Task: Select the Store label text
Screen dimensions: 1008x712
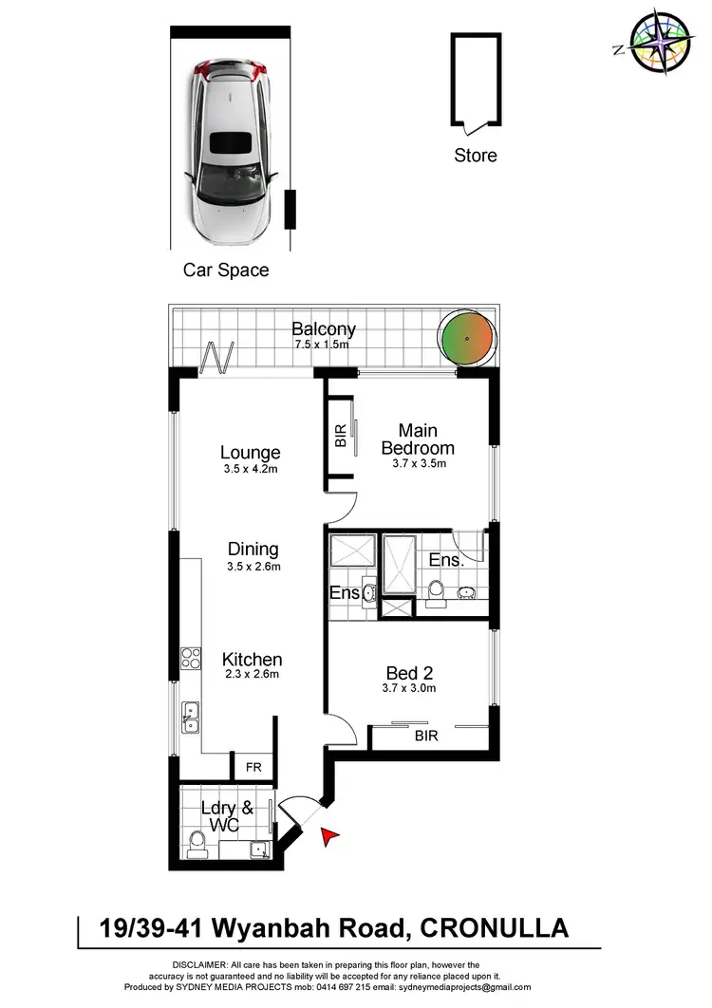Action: [475, 155]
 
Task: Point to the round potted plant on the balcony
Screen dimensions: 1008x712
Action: [467, 339]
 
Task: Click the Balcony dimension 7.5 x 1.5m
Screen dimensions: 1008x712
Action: [323, 345]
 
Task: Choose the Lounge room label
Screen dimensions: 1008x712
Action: [250, 453]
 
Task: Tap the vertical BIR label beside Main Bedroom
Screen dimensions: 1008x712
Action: [341, 436]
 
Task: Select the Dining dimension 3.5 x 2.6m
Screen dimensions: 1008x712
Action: [253, 567]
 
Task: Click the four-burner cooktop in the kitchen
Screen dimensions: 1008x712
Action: [191, 658]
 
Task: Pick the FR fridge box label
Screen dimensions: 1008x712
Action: [253, 767]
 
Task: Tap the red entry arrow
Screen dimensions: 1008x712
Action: [329, 835]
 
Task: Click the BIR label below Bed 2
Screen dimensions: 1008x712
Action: [427, 735]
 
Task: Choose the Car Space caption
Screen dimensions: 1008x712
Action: [226, 271]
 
